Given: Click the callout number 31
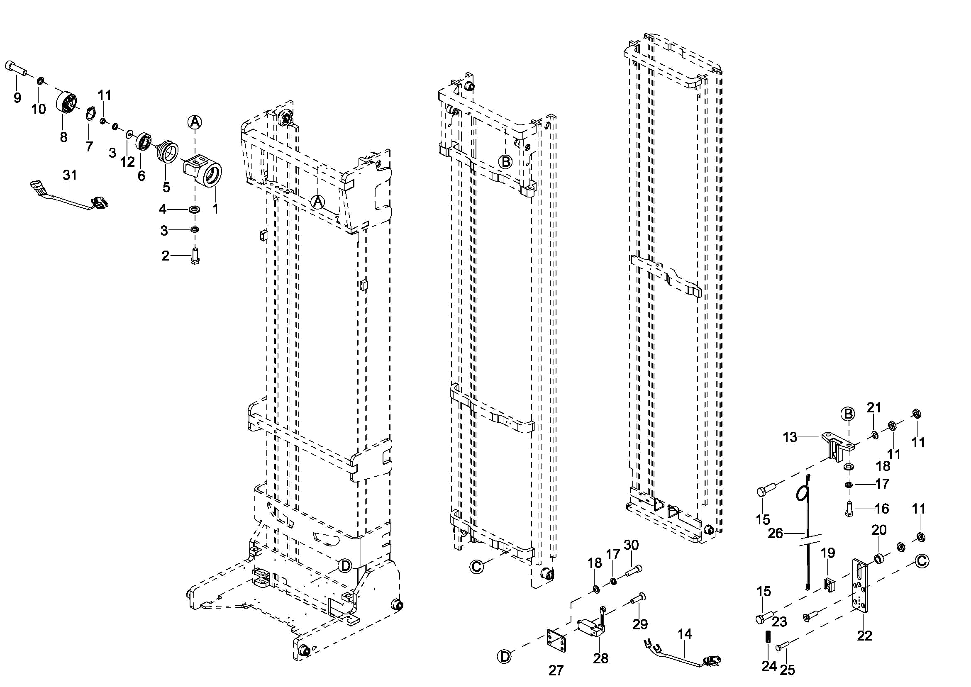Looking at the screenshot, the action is (70, 175).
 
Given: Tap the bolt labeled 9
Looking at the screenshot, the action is (16, 67).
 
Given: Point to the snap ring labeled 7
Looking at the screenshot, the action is (90, 114).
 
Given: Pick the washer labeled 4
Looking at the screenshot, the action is (195, 209).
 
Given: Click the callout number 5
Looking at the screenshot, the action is (166, 187).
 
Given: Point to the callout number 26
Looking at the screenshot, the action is (776, 534).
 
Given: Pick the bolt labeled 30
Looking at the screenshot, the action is (632, 572).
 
